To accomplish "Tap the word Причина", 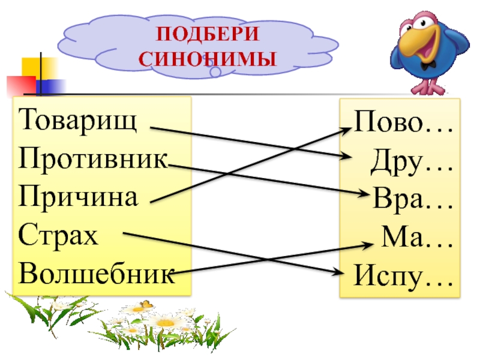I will pyautogui.click(x=78, y=196).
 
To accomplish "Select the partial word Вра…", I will pyautogui.click(x=413, y=198).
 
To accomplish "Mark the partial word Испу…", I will pyautogui.click(x=403, y=276).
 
